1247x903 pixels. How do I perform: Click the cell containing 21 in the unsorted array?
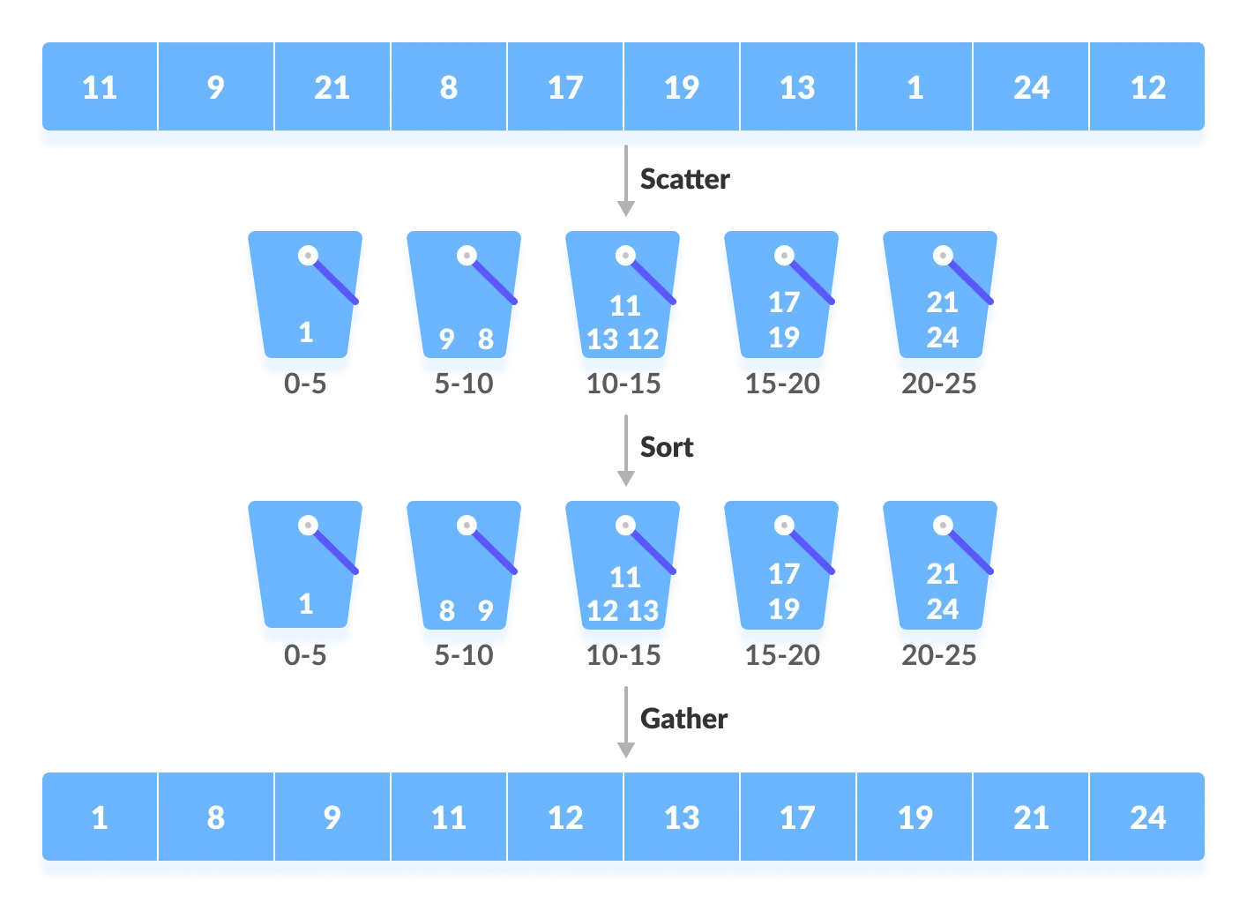332,86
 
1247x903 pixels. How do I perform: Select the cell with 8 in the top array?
449,86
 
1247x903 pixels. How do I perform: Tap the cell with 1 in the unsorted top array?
915,86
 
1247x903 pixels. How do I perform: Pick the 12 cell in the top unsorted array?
1147,86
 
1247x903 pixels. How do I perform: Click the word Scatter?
684,179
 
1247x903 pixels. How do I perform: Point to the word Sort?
667,447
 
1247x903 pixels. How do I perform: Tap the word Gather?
683,719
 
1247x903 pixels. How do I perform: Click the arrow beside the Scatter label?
626,181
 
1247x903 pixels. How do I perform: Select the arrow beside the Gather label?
626,722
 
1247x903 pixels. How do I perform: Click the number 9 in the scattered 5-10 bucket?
446,339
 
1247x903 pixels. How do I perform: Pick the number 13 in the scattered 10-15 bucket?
602,339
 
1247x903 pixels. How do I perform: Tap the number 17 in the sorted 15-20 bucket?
784,574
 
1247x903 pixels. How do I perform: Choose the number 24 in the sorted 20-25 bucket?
943,608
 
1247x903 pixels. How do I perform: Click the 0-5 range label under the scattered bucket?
305,384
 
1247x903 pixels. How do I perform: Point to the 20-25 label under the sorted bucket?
939,655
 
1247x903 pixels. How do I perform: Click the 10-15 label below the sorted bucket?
623,655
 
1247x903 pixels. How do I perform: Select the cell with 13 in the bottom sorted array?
682,817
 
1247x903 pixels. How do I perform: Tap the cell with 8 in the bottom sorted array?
216,817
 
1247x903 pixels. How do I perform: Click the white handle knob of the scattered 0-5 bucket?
308,256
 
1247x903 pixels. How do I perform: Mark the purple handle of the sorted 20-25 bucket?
971,551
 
